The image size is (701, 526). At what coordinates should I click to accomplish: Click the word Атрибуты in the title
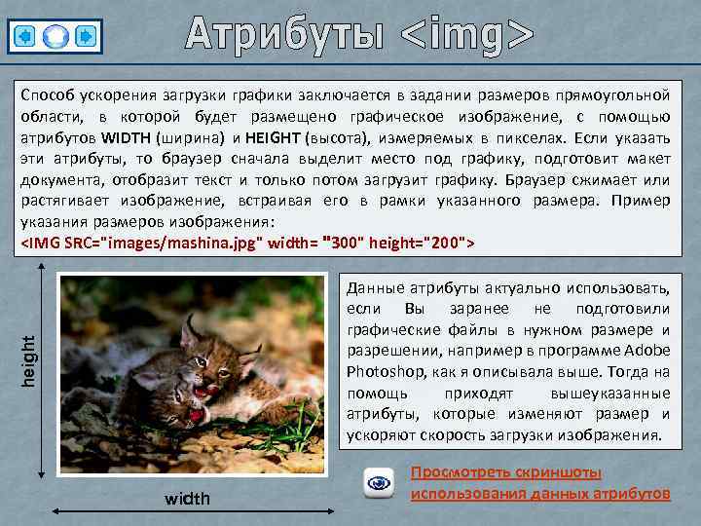point(286,34)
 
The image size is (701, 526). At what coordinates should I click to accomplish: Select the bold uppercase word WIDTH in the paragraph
point(126,137)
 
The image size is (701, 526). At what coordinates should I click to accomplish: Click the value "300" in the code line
point(344,241)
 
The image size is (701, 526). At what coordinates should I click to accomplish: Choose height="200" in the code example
point(424,242)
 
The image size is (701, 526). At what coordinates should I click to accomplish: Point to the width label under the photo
point(187,499)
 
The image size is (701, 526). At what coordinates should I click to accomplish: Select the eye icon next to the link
point(378,482)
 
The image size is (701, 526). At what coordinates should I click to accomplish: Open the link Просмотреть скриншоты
point(505,473)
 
